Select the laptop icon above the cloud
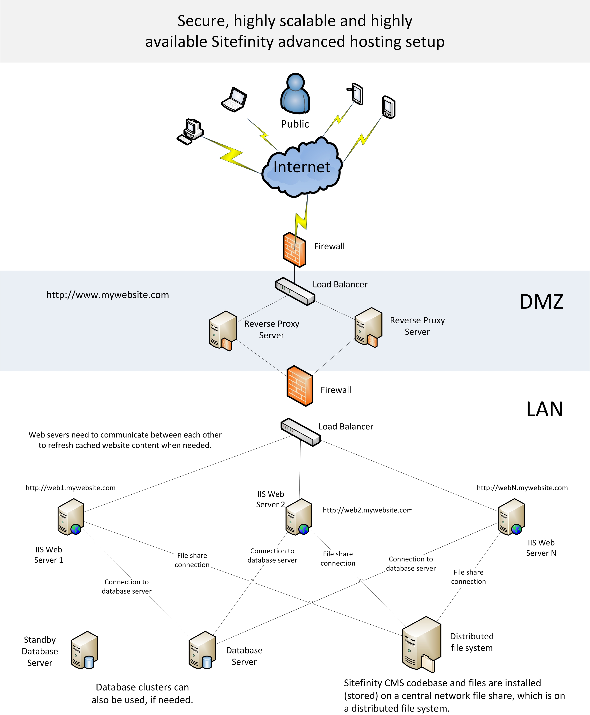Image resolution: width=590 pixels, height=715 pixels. click(x=234, y=100)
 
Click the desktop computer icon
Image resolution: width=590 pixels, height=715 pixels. click(x=190, y=132)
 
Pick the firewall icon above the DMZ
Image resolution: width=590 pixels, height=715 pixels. click(x=295, y=249)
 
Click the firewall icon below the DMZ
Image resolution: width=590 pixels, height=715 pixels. click(x=300, y=386)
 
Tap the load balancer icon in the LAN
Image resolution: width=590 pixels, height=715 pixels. click(x=300, y=432)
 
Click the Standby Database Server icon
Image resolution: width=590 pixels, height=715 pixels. click(x=84, y=650)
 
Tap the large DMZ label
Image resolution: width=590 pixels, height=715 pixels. click(x=541, y=302)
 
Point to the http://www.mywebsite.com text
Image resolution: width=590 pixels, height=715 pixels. click(x=108, y=295)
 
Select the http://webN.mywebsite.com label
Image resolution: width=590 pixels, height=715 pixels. click(x=522, y=488)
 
